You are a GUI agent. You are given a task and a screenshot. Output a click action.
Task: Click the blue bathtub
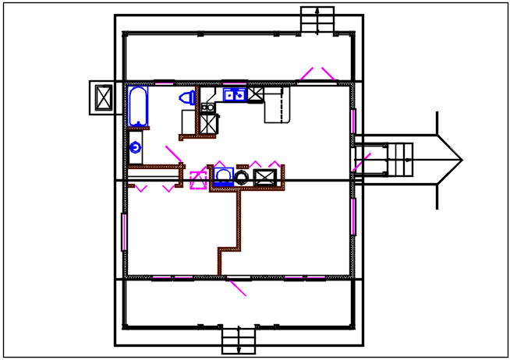click(138, 106)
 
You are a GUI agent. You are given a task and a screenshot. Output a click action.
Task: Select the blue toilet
click(188, 98)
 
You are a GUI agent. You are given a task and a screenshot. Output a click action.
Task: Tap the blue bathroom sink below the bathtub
click(135, 146)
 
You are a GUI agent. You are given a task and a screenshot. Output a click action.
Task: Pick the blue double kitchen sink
click(235, 95)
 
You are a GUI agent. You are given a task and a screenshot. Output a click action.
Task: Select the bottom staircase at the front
click(239, 341)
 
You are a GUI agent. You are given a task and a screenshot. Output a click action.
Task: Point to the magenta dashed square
click(198, 181)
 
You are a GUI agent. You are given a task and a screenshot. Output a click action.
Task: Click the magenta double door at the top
click(317, 73)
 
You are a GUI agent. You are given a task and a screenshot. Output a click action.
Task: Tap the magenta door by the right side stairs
click(361, 162)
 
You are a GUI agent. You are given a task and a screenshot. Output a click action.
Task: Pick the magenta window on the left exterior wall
click(124, 231)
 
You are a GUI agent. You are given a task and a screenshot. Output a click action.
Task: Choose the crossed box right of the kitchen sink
click(256, 95)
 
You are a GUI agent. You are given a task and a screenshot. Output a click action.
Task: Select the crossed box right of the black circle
click(264, 177)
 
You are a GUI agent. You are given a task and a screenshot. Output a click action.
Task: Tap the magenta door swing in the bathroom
click(173, 154)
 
